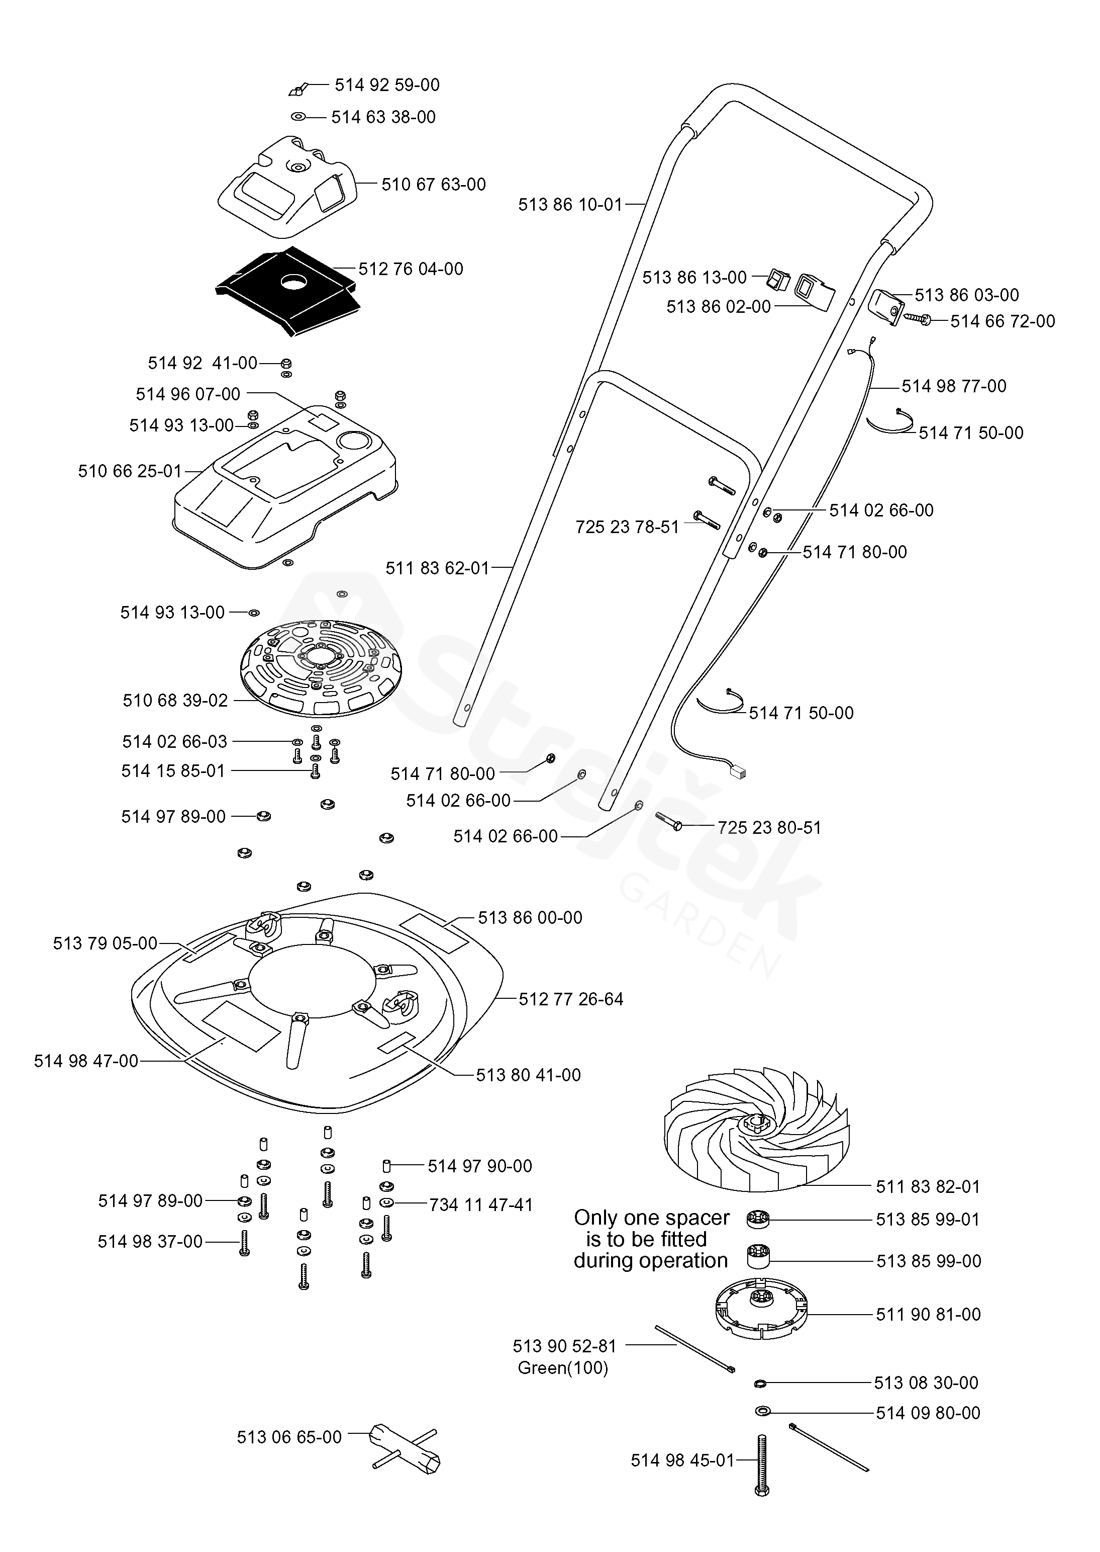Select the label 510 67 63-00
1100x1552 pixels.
[434, 185]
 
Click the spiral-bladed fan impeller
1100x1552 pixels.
[757, 1135]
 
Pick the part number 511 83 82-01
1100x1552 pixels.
[928, 1187]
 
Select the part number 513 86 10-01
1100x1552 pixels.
[570, 205]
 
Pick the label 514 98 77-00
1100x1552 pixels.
[954, 386]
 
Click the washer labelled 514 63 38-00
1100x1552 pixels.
[298, 117]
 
